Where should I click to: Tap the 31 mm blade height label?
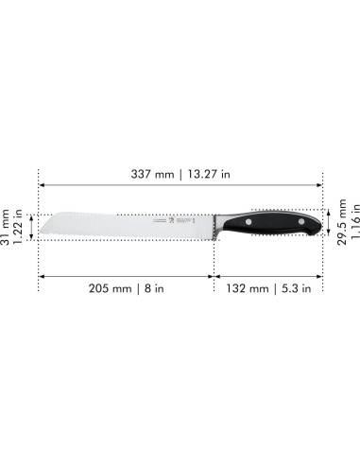coord(9,224)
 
